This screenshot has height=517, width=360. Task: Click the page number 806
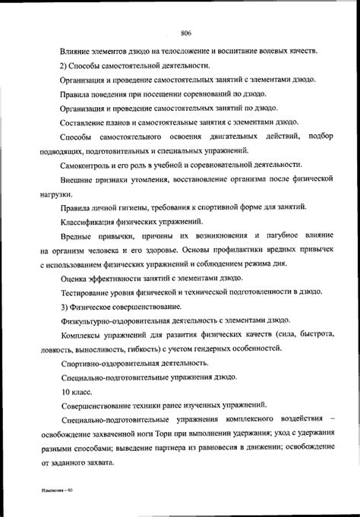(185, 32)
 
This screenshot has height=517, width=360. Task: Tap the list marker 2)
(65, 66)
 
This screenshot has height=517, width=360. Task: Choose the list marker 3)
(65, 307)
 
